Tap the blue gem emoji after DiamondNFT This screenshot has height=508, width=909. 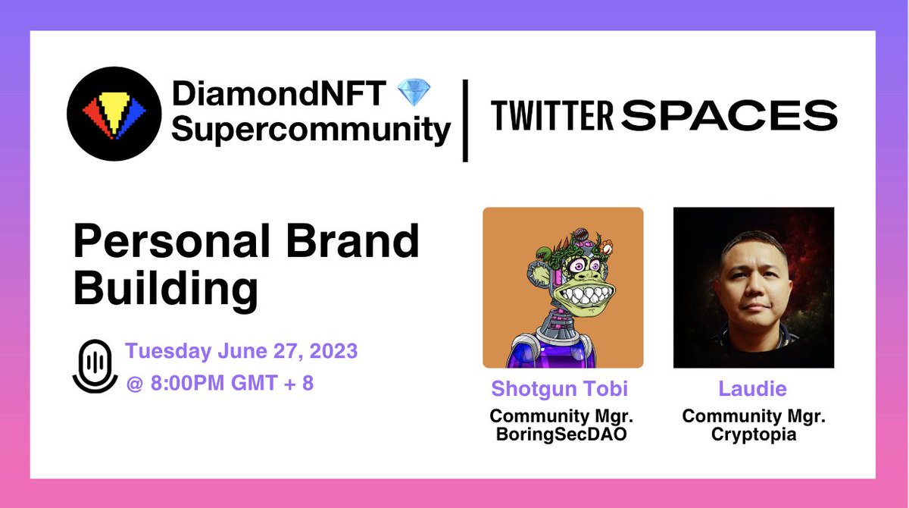[x=414, y=95]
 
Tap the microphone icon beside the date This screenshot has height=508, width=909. [x=95, y=365]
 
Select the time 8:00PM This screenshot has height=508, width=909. [x=182, y=382]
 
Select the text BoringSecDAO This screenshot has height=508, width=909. [x=561, y=436]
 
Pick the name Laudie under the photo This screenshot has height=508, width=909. [x=752, y=389]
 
